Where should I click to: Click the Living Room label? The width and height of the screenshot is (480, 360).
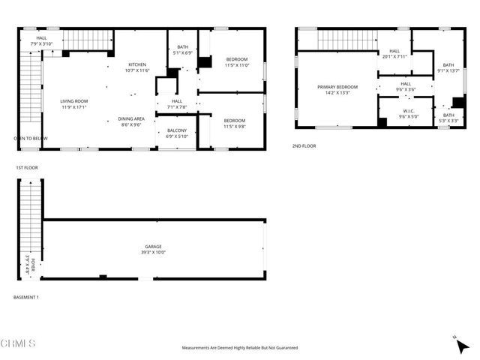74,104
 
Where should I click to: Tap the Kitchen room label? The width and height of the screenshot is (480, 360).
137,67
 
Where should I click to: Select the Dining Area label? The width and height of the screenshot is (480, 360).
130,121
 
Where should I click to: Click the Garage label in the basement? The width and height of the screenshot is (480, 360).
154,249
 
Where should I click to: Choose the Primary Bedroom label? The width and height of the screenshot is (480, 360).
337,89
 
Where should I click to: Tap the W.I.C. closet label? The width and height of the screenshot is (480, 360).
409,114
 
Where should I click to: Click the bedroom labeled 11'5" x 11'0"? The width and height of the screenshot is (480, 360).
236,62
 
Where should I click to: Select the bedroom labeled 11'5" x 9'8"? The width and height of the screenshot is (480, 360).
235,123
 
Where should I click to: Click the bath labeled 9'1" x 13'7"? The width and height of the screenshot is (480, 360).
448,68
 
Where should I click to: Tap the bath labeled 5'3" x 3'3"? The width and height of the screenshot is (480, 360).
448,118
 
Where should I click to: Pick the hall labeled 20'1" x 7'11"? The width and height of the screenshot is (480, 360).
394,54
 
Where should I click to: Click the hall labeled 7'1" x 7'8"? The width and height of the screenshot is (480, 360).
177,103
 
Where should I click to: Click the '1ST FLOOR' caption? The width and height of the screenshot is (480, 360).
27,168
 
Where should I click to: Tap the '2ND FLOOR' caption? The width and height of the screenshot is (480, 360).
304,146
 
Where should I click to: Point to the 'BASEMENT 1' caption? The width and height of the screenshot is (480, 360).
26,298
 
